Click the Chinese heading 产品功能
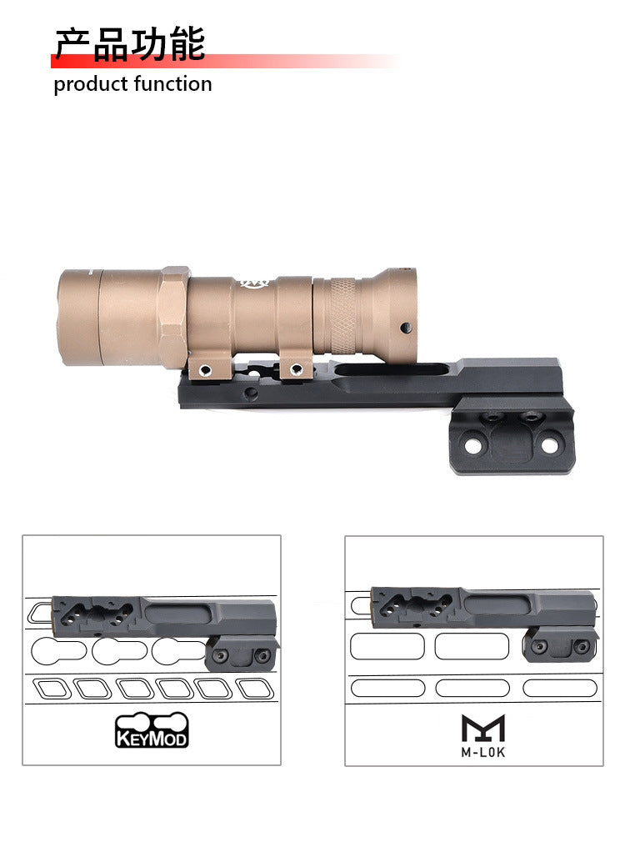[x=130, y=43]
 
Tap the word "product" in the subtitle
[x=90, y=85]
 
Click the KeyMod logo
[x=152, y=729]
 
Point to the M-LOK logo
[x=483, y=736]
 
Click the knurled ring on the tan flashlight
[x=342, y=313]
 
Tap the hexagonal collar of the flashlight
[x=172, y=318]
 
